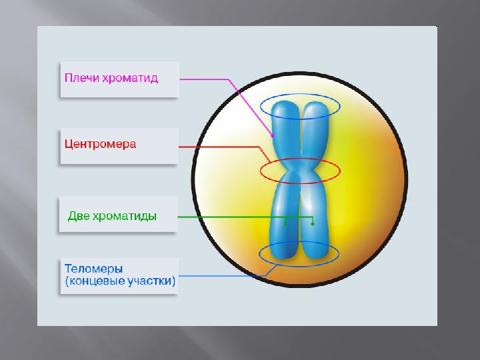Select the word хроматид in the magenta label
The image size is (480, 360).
[130, 78]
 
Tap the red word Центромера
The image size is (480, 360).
[100, 144]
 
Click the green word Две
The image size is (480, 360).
[79, 216]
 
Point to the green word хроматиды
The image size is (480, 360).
[124, 217]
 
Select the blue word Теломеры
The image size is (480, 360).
[94, 269]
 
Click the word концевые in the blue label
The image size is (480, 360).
[97, 281]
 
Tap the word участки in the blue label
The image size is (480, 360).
[150, 281]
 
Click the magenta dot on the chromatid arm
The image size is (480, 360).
[273, 136]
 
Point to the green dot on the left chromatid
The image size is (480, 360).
[285, 225]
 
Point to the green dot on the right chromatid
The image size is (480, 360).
[313, 224]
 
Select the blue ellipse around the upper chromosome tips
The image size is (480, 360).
[300, 94]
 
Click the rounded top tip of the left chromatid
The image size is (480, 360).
[285, 102]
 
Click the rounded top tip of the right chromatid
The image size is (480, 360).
[315, 103]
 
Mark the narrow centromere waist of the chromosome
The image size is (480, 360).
[300, 170]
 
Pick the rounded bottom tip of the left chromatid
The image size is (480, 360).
[284, 257]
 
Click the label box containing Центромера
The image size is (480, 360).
[119, 146]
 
